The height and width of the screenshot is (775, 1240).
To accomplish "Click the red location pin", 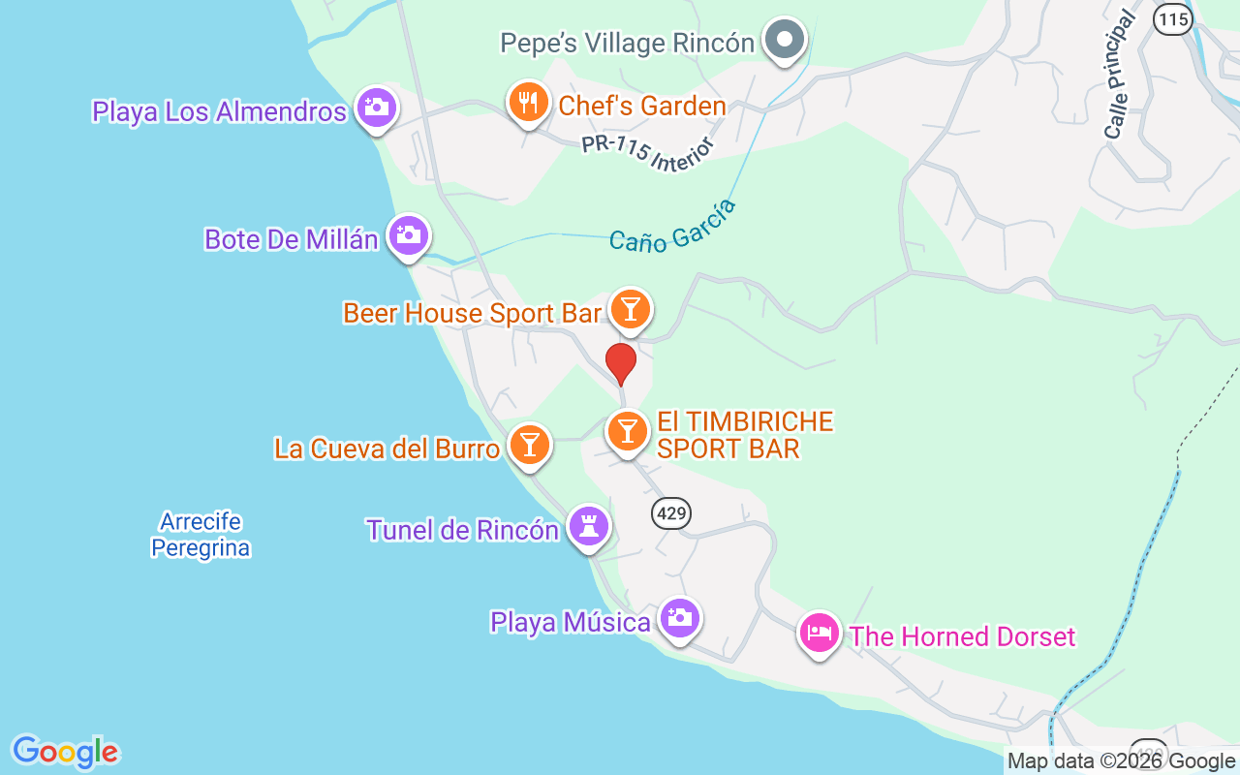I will click(621, 363).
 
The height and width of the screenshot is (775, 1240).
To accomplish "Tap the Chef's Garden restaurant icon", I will click(528, 103).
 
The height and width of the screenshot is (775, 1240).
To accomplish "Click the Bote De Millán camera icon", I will click(409, 235).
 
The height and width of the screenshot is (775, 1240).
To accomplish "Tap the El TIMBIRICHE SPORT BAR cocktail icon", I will click(628, 431).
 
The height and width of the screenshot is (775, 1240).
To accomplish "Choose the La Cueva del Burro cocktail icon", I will click(529, 445).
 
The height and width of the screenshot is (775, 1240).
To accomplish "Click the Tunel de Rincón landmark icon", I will click(589, 527).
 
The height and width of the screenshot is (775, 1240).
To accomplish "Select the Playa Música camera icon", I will click(680, 618).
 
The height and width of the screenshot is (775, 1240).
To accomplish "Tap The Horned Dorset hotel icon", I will click(820, 634).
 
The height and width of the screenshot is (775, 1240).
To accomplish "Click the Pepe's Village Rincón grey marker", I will click(785, 41).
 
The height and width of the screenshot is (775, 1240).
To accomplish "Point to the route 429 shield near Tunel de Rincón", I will click(671, 512).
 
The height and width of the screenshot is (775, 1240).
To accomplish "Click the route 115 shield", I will click(1172, 19).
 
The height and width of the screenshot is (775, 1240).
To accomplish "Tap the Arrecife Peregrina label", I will click(201, 535).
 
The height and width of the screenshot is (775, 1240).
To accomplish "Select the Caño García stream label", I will click(672, 227).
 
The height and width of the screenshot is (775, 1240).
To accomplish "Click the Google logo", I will click(65, 752).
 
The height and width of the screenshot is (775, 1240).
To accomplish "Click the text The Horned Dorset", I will click(962, 636).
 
